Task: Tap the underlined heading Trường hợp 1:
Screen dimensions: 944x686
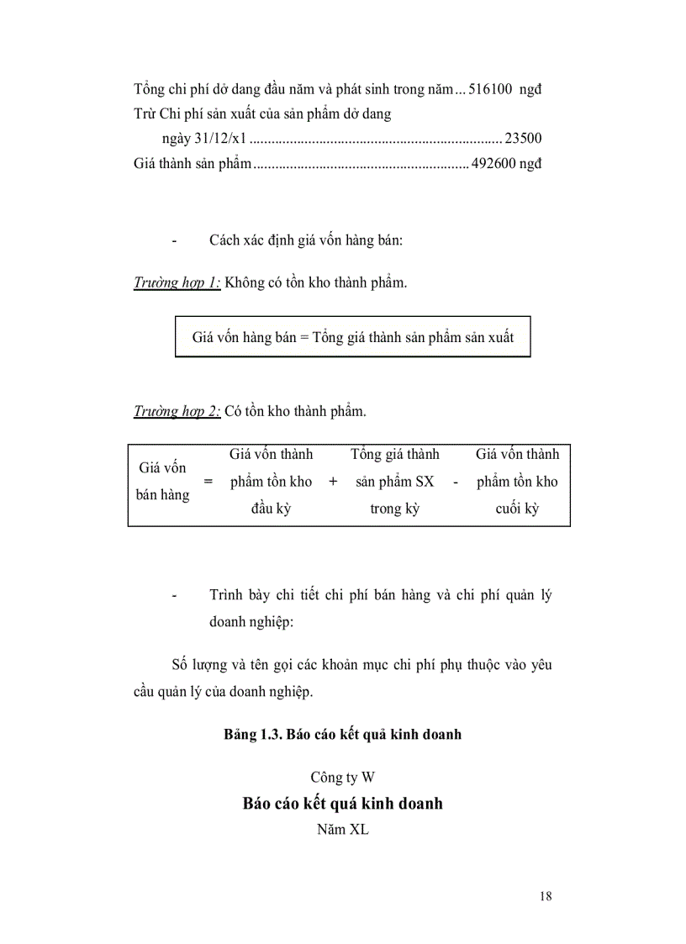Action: [177, 282]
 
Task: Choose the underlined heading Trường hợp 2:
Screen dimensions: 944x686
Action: [177, 411]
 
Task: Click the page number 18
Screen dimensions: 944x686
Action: [546, 896]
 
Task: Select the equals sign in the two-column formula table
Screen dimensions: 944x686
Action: [208, 482]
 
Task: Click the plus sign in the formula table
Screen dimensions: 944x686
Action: [333, 482]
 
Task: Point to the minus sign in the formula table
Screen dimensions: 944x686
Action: [455, 482]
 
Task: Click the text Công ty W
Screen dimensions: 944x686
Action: [342, 777]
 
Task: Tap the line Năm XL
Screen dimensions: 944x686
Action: [342, 831]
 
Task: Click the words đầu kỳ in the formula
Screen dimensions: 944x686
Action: [271, 509]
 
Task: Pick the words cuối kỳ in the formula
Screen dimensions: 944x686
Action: [517, 509]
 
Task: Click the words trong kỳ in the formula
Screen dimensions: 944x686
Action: [394, 509]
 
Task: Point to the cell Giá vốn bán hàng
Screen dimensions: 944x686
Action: [162, 482]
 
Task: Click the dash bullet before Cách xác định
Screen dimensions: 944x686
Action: [174, 241]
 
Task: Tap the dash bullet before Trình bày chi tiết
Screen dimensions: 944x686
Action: [174, 596]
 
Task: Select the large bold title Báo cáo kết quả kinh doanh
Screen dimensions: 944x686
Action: [342, 804]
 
